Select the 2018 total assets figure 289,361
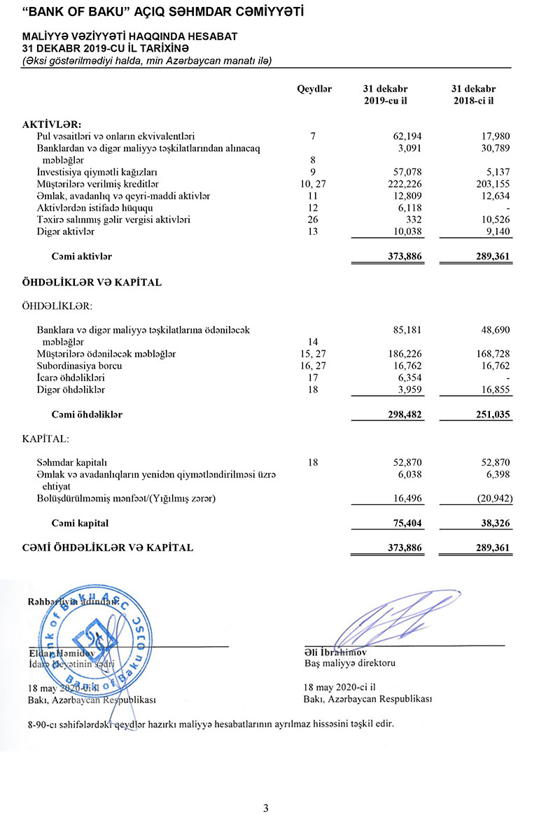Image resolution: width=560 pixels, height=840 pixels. pyautogui.click(x=493, y=257)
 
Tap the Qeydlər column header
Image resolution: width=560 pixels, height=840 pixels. pyautogui.click(x=314, y=90)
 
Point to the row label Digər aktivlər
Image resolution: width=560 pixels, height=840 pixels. pyautogui.click(x=65, y=232)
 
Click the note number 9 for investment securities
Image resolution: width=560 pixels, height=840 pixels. pyautogui.click(x=314, y=172)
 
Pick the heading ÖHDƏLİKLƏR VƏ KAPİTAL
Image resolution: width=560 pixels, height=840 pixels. pyautogui.click(x=92, y=283)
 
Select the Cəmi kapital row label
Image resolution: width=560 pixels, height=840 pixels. pyautogui.click(x=80, y=523)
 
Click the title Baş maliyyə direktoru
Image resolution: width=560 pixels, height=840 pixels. pyautogui.click(x=350, y=662)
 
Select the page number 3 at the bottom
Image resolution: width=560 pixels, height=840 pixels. pyautogui.click(x=265, y=809)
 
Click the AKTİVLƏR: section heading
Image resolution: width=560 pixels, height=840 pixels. pyautogui.click(x=52, y=124)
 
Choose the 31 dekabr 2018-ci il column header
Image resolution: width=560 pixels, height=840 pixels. pyautogui.click(x=474, y=95)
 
